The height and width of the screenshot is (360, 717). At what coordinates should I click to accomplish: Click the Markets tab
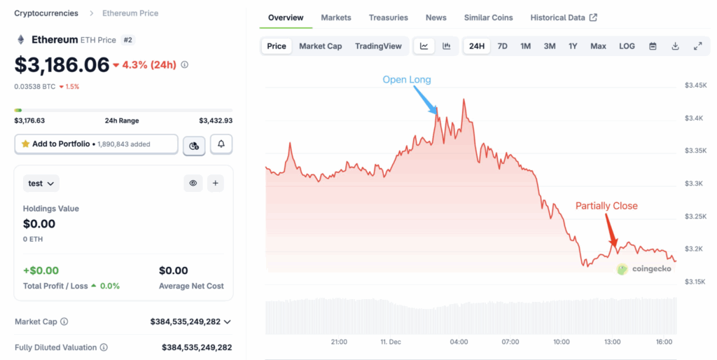(x=336, y=18)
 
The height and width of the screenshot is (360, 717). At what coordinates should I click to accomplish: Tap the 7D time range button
(x=502, y=46)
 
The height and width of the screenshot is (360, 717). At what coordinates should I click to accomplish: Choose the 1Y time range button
(x=573, y=46)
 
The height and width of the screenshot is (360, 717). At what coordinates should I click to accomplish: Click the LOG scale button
(x=627, y=46)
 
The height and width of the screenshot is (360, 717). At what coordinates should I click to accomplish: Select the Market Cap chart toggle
(x=320, y=46)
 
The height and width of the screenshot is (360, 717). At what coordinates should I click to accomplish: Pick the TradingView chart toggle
(x=378, y=46)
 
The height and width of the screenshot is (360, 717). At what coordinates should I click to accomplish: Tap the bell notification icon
(x=221, y=144)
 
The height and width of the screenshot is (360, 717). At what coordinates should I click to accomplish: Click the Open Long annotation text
(x=407, y=80)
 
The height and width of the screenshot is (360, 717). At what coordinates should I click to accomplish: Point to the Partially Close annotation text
(x=606, y=206)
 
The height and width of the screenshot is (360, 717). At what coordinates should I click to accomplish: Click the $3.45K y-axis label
(x=695, y=85)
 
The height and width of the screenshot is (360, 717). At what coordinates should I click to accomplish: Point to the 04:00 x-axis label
(x=459, y=342)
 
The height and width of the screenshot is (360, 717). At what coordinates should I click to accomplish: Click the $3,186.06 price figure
(x=62, y=65)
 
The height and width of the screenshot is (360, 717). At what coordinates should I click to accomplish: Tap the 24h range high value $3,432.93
(x=216, y=120)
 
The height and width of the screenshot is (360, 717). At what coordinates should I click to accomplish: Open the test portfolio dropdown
(x=42, y=184)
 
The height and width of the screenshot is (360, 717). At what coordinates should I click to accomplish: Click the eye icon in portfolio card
(x=193, y=184)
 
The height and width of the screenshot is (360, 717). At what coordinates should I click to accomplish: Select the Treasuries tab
(x=388, y=18)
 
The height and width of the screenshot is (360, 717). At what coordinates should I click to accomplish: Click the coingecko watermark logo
(x=643, y=269)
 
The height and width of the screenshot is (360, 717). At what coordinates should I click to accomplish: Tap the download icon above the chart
(x=675, y=46)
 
